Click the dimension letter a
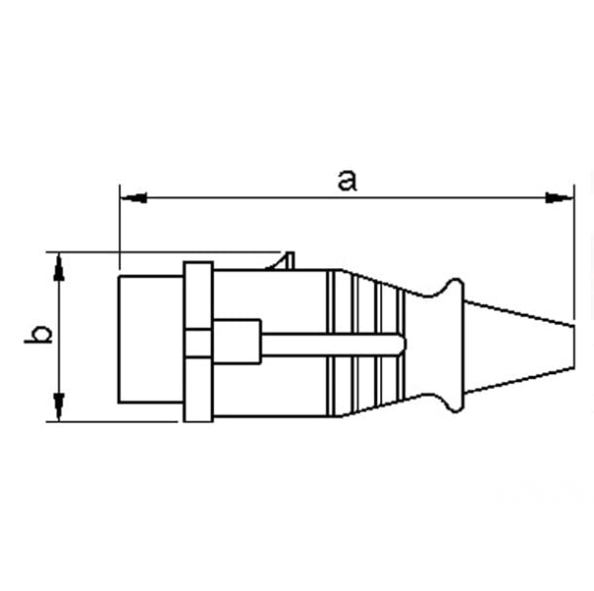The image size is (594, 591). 346,180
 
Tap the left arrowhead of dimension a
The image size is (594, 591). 133,198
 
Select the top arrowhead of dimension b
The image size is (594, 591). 59,264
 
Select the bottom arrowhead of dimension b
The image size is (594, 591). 59,406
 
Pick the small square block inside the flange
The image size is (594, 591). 197,342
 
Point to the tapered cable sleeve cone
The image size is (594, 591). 515,342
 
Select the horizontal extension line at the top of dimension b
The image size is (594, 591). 168,251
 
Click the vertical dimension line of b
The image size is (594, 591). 59,336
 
